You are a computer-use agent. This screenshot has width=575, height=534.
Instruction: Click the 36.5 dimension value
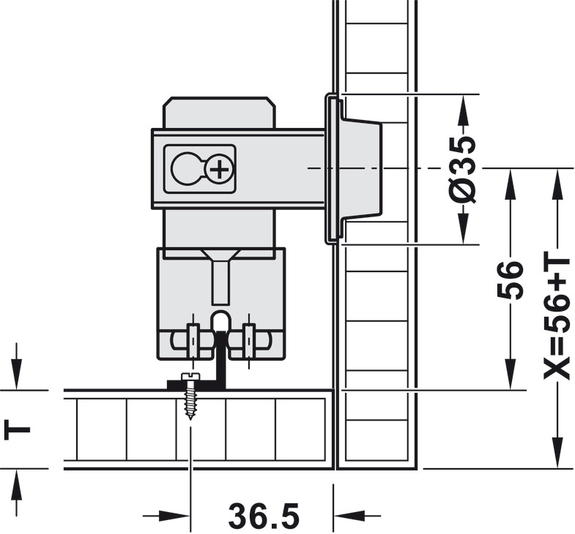coord(264,515)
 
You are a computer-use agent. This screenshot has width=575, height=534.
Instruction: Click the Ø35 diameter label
coord(463,169)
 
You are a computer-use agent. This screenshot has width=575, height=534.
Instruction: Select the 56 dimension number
coord(509,280)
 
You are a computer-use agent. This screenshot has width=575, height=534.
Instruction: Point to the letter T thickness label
coord(17,429)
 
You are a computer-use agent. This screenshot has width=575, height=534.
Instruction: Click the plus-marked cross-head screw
coord(220,170)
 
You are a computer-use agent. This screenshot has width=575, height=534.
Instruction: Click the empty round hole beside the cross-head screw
coord(185,168)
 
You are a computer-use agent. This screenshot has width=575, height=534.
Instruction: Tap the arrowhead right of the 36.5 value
coord(349,516)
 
